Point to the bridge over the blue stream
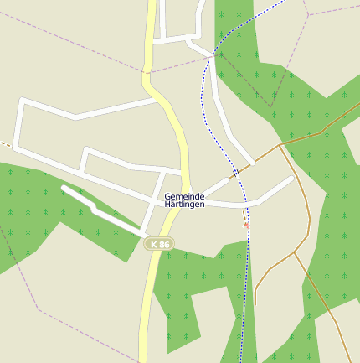236,173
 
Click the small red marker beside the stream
246,225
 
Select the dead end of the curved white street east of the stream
291,178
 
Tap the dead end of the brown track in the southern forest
255,303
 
